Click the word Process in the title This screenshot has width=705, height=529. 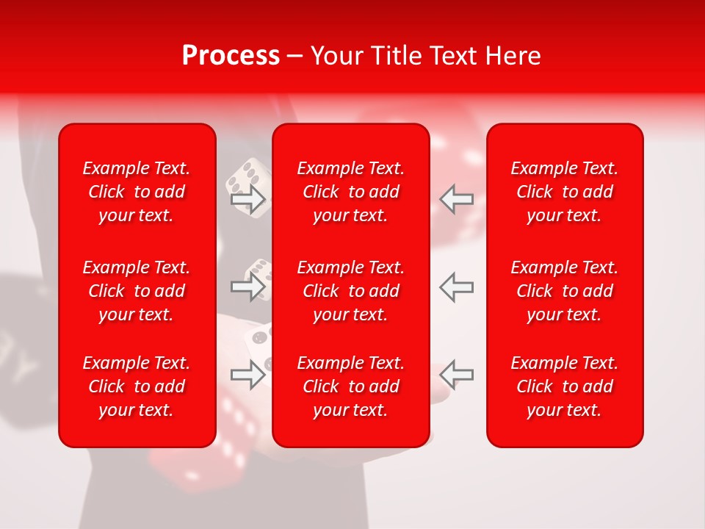(231, 56)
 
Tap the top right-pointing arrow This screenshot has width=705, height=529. (248, 199)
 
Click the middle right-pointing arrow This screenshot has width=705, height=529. (248, 287)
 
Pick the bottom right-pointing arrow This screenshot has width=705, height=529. (248, 375)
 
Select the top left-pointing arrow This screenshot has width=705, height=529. (456, 199)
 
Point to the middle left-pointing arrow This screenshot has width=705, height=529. (456, 287)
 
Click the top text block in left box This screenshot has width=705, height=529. (137, 192)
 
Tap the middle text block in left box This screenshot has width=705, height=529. (137, 291)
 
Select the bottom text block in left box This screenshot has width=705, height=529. (137, 386)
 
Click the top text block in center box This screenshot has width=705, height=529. (350, 192)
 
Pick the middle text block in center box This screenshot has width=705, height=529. (350, 291)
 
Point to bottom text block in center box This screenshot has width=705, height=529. (350, 386)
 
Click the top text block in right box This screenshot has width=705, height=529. (564, 192)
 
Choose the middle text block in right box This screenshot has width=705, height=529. (564, 291)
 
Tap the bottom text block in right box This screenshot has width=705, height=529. (564, 386)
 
